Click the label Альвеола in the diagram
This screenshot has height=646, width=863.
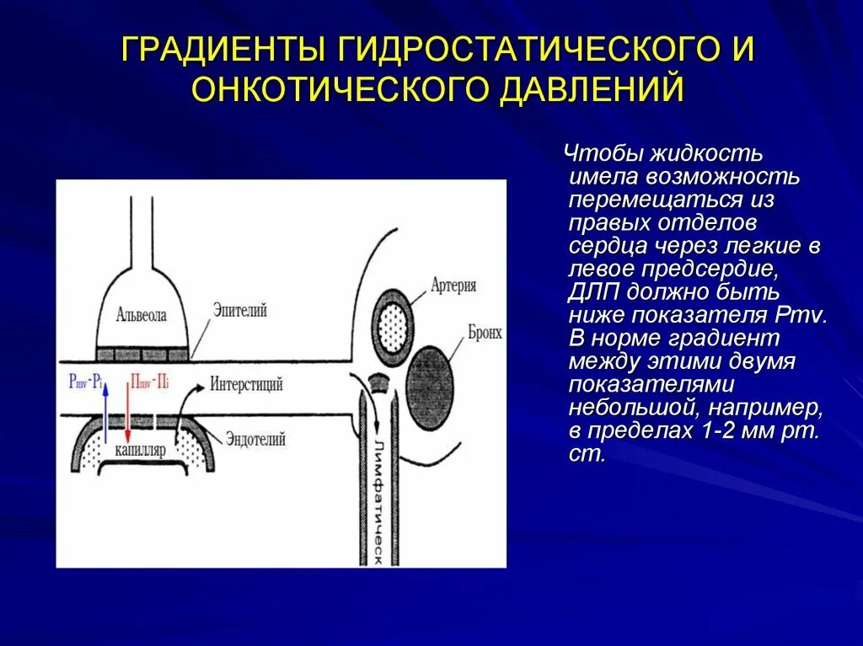click(142, 315)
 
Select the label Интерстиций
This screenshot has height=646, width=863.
click(247, 385)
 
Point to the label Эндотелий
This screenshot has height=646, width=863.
click(255, 438)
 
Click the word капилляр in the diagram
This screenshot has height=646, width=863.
click(141, 450)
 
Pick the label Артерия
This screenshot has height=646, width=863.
click(453, 286)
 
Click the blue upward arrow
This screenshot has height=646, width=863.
click(105, 413)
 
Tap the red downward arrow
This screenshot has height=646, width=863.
click(126, 413)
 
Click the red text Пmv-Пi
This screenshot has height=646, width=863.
click(149, 382)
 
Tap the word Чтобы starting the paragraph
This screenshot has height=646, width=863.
click(600, 154)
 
